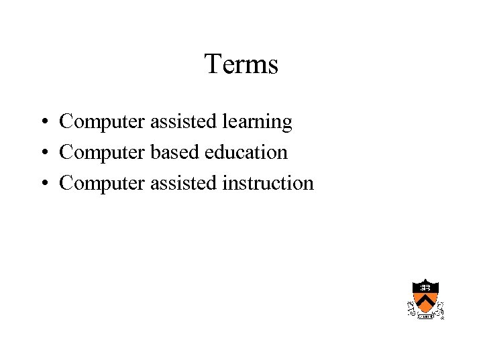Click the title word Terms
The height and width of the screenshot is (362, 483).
241,65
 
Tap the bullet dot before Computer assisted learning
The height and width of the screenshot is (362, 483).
42,123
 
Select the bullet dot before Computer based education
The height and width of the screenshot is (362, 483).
42,154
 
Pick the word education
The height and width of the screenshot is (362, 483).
246,153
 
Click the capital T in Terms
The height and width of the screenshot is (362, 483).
212,64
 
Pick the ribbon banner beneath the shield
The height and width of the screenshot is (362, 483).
425,315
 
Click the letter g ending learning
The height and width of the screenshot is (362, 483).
287,124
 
